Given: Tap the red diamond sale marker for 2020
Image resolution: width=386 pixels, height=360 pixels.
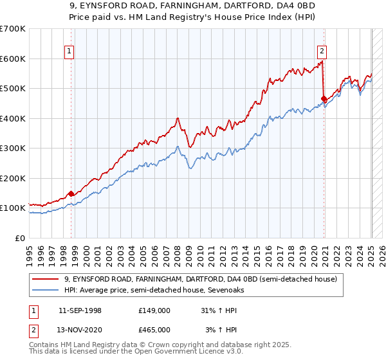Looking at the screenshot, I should [x=324, y=99].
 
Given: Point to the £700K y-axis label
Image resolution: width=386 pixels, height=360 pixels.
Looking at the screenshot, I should [x=13, y=29].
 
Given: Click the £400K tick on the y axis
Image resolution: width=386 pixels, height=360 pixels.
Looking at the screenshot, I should [x=13, y=118].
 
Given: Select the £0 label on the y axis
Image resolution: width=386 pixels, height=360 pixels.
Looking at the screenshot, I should [x=21, y=238].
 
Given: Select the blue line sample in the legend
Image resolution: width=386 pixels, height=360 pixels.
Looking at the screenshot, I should [x=46, y=291].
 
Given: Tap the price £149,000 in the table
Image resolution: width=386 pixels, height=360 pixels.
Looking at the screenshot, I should [x=154, y=310].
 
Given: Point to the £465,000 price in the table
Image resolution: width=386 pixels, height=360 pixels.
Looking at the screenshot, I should [x=154, y=329].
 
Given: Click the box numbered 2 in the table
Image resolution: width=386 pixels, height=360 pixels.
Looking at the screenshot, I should [x=32, y=329].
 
